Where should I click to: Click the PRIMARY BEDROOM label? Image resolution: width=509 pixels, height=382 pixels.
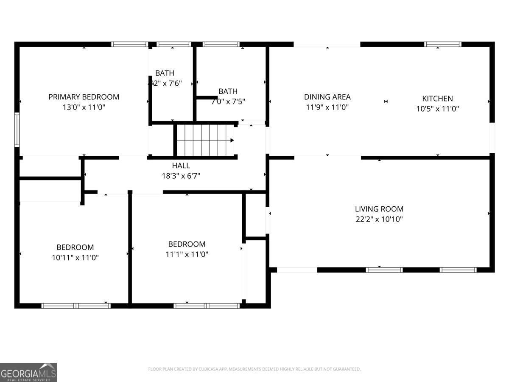click(84, 97)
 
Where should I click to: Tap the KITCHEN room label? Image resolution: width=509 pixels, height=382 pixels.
click(437, 98)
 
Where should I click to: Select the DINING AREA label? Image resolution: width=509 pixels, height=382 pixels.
click(327, 97)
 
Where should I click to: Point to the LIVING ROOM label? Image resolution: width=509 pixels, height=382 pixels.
click(379, 209)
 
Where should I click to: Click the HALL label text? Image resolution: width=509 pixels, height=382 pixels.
click(181, 166)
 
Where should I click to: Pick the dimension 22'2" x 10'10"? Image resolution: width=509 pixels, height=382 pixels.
click(379, 219)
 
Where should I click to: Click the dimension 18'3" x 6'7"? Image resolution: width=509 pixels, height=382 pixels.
click(181, 176)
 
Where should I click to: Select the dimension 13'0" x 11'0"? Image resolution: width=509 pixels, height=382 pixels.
click(84, 107)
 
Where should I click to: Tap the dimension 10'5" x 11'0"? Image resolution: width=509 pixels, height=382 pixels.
click(437, 109)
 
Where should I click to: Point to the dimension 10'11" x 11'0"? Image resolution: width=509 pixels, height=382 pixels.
click(76, 257)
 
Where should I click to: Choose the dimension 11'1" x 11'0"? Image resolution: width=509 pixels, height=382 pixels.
click(187, 254)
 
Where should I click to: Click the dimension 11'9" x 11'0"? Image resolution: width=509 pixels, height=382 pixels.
click(327, 107)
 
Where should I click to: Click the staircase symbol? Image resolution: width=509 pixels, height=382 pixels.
click(205, 140)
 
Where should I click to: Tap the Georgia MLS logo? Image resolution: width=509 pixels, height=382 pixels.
click(28, 372)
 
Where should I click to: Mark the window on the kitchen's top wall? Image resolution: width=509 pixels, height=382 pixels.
click(443, 44)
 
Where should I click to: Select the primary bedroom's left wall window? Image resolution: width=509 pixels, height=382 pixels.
click(17, 129)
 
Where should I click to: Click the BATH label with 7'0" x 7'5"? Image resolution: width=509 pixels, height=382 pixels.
click(228, 91)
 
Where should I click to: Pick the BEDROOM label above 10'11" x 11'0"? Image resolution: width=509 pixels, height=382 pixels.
click(76, 247)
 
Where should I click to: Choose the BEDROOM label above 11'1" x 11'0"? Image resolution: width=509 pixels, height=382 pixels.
click(187, 244)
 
